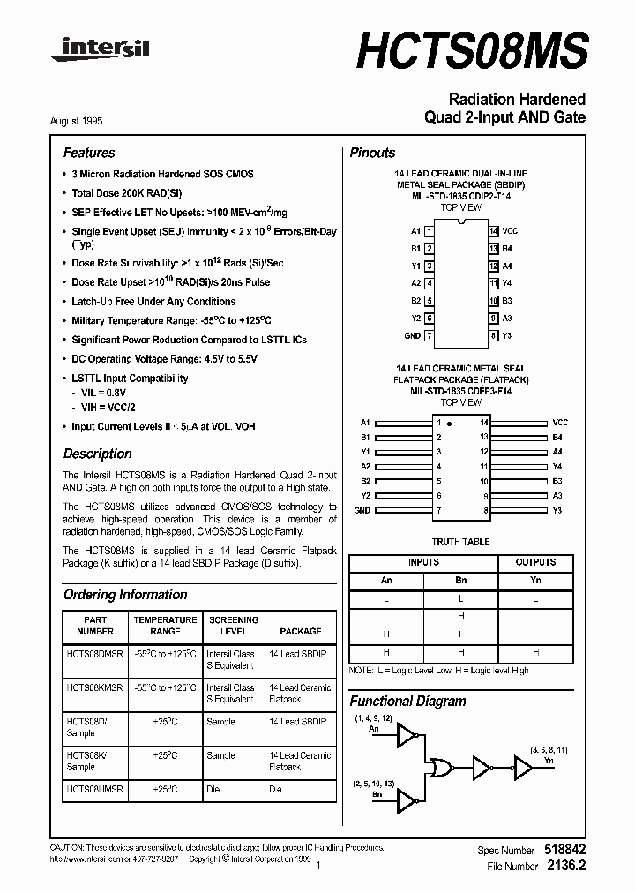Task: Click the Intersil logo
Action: (x=100, y=49)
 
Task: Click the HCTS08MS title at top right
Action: (x=471, y=50)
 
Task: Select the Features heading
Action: (x=89, y=153)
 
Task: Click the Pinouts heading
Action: (x=372, y=153)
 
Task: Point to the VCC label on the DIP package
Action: (x=510, y=230)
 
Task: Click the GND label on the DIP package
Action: (x=412, y=336)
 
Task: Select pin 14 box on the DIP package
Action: (x=494, y=230)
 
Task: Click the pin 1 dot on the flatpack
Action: (x=449, y=424)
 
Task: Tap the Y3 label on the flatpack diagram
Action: (x=557, y=510)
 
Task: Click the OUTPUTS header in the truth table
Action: (x=535, y=562)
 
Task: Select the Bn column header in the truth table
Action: (x=461, y=580)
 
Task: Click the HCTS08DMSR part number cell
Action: (x=95, y=654)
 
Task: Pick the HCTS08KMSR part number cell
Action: (x=95, y=687)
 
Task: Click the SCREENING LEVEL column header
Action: (x=234, y=626)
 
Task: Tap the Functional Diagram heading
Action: (x=407, y=702)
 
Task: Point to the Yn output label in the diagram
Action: (x=549, y=760)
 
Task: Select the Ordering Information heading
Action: (x=125, y=595)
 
